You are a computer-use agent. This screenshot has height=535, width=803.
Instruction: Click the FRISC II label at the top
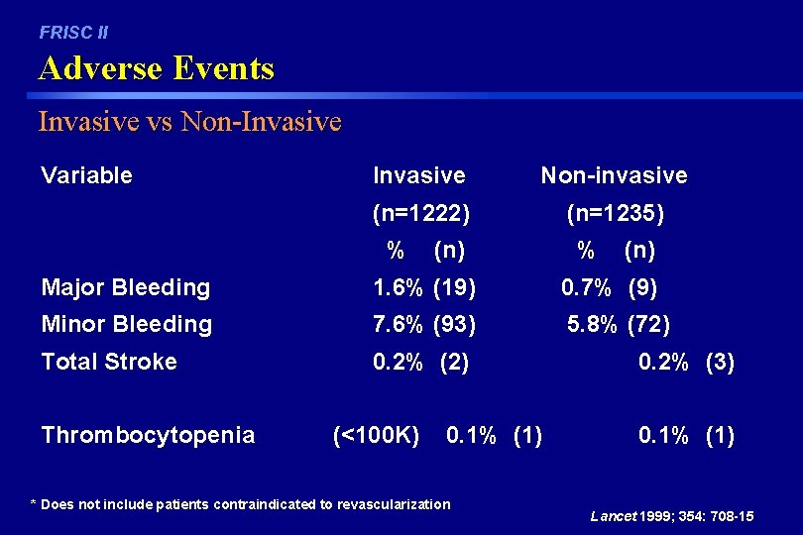tap(73, 33)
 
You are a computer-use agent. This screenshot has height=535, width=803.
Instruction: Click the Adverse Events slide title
tap(156, 68)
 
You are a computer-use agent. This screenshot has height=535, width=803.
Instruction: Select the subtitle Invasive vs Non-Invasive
tap(189, 122)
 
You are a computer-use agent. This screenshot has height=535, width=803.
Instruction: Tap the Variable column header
tap(86, 175)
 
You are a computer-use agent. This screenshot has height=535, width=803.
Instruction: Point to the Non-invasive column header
tap(614, 175)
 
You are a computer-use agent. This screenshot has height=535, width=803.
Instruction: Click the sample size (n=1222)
tap(421, 213)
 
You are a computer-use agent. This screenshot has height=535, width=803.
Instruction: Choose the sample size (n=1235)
tap(616, 213)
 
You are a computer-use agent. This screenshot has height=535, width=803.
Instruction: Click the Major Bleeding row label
tap(126, 288)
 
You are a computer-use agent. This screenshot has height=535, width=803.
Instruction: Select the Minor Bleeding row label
tap(127, 324)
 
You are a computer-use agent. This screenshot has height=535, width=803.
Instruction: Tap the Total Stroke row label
tap(109, 362)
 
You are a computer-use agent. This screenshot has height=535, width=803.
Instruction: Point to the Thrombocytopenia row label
tap(148, 435)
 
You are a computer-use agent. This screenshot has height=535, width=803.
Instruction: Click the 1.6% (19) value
tap(424, 288)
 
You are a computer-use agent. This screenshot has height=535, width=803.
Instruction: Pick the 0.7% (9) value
tap(610, 288)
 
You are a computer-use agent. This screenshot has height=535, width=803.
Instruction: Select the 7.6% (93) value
tap(424, 324)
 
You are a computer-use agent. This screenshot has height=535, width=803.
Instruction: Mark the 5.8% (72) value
tap(619, 324)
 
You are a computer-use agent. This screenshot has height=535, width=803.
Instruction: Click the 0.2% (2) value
tap(421, 362)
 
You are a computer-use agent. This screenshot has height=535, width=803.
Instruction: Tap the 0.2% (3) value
tap(687, 362)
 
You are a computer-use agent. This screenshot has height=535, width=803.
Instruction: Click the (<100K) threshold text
tap(377, 435)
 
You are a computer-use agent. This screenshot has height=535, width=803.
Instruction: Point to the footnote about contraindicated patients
tap(241, 504)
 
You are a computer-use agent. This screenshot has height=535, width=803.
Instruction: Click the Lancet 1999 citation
tap(672, 516)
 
